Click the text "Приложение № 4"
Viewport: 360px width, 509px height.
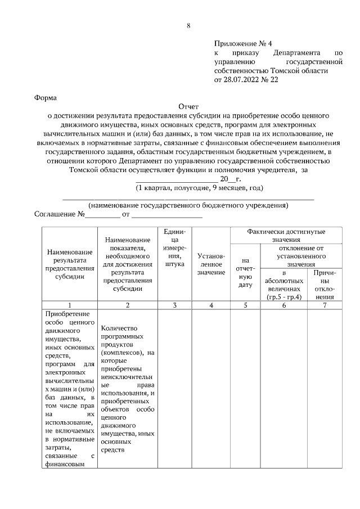[242, 44]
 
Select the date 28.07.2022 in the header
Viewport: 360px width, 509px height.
[244, 80]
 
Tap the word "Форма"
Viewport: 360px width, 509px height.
[46, 97]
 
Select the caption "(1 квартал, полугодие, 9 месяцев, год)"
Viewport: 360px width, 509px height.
[199, 187]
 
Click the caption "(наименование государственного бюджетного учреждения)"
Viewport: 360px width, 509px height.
[188, 205]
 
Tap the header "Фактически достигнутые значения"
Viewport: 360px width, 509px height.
[286, 236]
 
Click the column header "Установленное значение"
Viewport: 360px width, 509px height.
[211, 264]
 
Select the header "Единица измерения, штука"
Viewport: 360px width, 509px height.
[175, 248]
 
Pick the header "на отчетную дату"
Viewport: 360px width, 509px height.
[245, 273]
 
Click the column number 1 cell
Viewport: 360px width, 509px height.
[70, 305]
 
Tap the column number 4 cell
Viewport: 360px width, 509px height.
[211, 305]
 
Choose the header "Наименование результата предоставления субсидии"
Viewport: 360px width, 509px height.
[70, 264]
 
